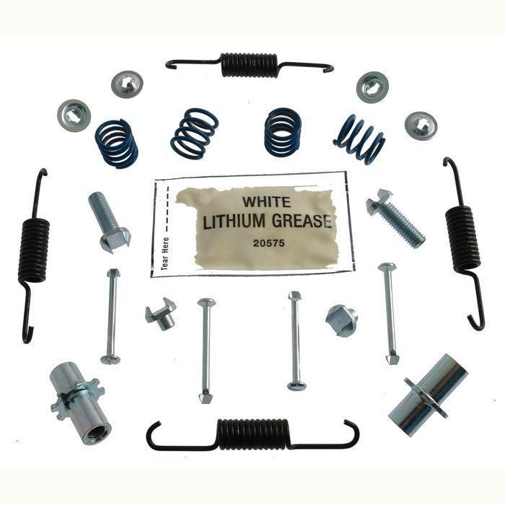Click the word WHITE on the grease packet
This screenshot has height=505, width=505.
click(x=266, y=201)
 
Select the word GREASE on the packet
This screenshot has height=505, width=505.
click(x=302, y=221)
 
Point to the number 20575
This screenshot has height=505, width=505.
click(x=268, y=243)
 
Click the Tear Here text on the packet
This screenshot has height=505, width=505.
click(x=165, y=253)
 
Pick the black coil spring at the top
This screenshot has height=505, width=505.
click(x=250, y=65)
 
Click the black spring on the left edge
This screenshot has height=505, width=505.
click(x=34, y=250)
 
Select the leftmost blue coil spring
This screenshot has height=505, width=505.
click(x=116, y=144)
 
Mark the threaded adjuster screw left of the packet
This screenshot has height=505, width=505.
click(x=109, y=221)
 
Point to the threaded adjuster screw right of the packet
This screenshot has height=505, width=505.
click(x=395, y=217)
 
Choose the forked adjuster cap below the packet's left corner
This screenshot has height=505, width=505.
click(x=160, y=314)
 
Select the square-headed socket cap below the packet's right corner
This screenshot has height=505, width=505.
click(x=341, y=320)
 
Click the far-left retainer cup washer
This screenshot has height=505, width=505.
click(x=74, y=115)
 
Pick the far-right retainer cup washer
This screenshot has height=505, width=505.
click(x=421, y=126)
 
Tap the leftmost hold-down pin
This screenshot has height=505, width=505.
click(x=111, y=316)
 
